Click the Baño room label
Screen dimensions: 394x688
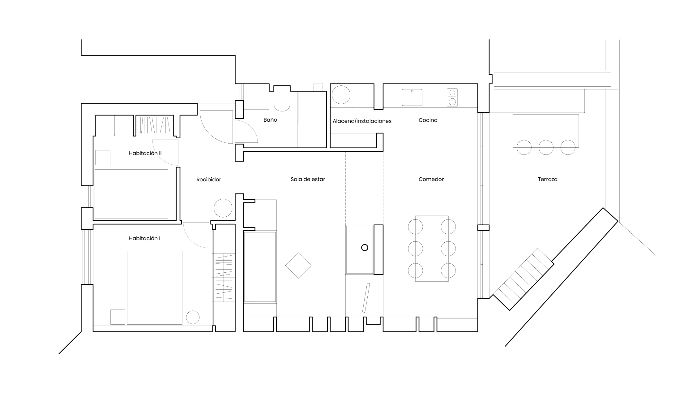[270, 120]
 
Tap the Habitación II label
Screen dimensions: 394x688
[145, 153]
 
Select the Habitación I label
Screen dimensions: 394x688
[144, 239]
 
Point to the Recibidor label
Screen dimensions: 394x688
[209, 180]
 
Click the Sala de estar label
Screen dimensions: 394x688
[308, 179]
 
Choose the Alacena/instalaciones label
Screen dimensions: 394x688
[362, 121]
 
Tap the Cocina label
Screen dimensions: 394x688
[428, 120]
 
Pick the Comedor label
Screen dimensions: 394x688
[431, 179]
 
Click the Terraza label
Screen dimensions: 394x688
[547, 179]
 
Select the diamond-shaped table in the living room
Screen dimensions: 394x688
[298, 265]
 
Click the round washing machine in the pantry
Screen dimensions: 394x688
[341, 95]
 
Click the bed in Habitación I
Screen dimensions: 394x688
[154, 288]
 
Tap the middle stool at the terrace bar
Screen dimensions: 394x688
[546, 147]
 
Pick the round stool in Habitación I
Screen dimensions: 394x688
[193, 317]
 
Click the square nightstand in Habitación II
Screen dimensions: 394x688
[103, 158]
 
